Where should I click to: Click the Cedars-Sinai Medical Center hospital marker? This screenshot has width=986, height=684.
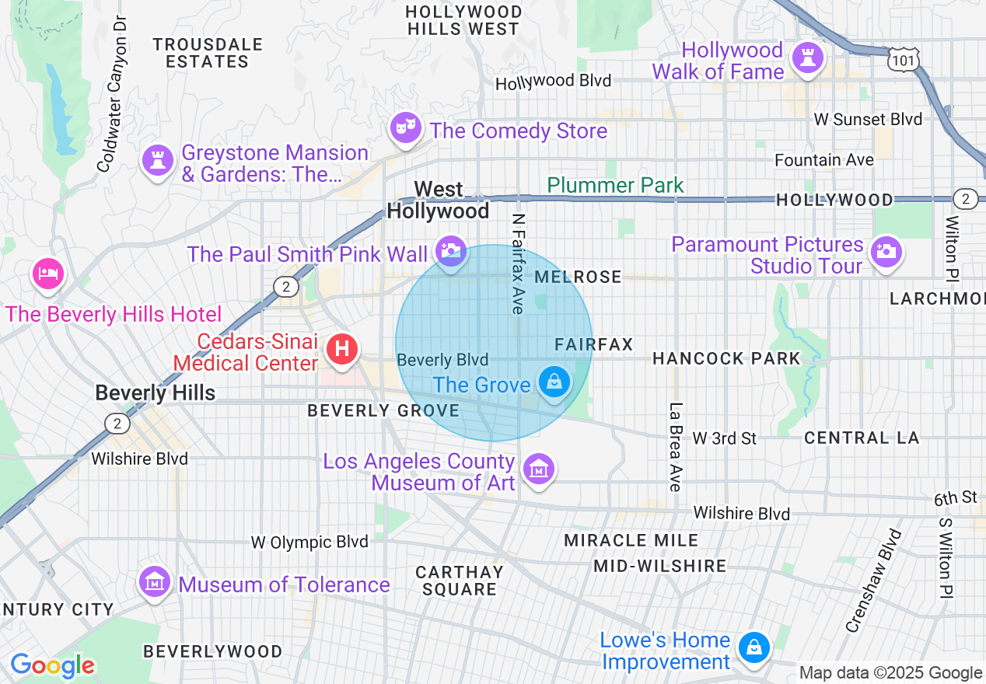[x=341, y=348]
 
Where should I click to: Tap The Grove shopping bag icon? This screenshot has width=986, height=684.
[x=554, y=382]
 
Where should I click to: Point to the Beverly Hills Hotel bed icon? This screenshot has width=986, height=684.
[x=48, y=274]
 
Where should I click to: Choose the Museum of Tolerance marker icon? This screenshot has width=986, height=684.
[x=155, y=582]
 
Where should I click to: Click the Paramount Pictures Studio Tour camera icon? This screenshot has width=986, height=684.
[x=885, y=251]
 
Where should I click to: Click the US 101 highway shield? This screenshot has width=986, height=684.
[x=904, y=58]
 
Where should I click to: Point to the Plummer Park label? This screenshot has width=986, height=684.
[x=615, y=185]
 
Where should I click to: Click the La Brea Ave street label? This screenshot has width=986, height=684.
[x=675, y=447]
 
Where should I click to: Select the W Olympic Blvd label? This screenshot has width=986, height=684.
[x=309, y=542]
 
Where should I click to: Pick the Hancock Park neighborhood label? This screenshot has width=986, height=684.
[x=726, y=358]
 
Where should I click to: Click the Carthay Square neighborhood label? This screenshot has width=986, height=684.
[x=459, y=581]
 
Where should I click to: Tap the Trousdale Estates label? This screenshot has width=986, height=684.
[x=207, y=53]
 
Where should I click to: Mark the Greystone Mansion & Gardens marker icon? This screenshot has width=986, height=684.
[x=158, y=160]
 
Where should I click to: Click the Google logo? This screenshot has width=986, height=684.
[x=52, y=665]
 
